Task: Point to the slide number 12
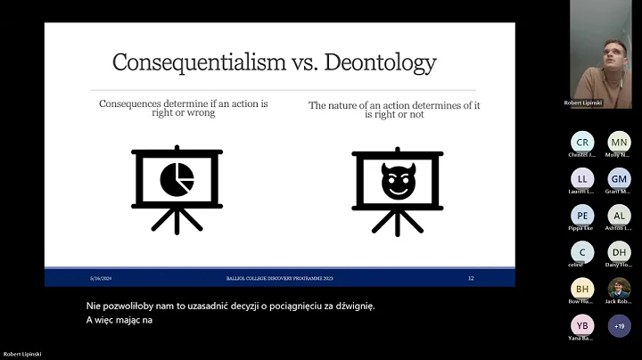click(x=471, y=278)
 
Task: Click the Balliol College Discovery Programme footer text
click(x=278, y=278)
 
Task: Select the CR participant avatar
click(x=582, y=142)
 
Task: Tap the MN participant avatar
click(x=619, y=142)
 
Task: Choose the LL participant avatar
click(x=582, y=178)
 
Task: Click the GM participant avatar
click(x=619, y=178)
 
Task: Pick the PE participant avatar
click(x=582, y=215)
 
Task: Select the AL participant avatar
click(x=619, y=215)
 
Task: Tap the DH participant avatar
click(x=619, y=252)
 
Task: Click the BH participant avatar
click(x=582, y=289)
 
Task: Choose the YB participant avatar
click(x=582, y=325)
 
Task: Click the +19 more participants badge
click(x=619, y=325)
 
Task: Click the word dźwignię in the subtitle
click(x=352, y=306)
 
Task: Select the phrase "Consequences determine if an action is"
click(x=183, y=104)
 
